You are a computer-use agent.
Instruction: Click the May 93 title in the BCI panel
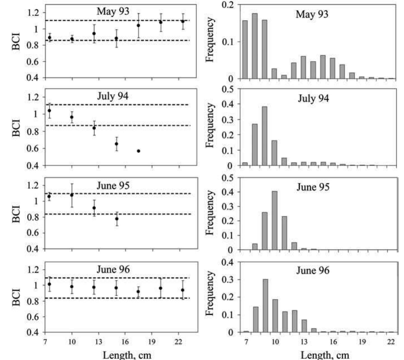(113, 11)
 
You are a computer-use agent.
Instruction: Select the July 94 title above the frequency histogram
(313, 98)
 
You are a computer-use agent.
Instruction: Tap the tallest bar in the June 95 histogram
(275, 220)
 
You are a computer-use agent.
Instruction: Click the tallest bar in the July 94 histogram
(264, 136)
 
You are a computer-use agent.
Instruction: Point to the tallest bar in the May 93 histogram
(255, 46)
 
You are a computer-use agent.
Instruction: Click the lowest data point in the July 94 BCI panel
(138, 151)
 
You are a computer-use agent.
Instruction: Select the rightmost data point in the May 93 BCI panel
(183, 21)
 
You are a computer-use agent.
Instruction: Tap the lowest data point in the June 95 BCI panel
(117, 219)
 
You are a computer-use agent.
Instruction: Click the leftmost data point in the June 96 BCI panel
(50, 284)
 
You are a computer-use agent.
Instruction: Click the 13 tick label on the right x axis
(304, 342)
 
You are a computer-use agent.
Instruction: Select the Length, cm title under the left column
(127, 355)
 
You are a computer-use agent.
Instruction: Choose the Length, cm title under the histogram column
(325, 355)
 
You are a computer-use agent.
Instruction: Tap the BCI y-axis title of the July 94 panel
(16, 128)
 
